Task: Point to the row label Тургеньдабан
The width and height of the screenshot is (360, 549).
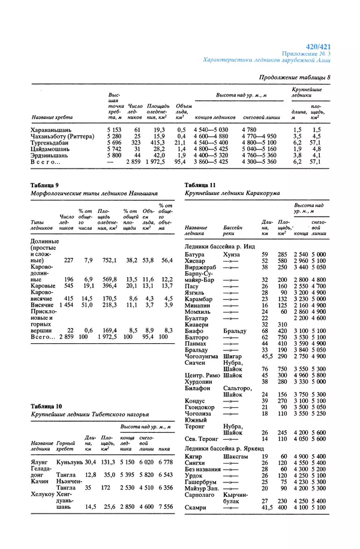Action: tap(53, 143)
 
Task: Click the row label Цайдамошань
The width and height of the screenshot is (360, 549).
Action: tap(51, 149)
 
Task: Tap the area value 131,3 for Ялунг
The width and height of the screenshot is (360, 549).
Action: tap(108, 462)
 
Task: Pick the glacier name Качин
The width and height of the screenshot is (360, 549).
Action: tap(40, 481)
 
